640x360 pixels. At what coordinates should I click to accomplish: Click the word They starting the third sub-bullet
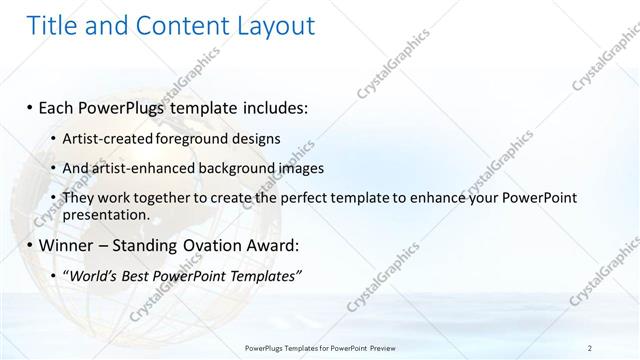[x=77, y=198]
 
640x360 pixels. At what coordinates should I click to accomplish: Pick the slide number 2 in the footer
[x=590, y=347]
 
